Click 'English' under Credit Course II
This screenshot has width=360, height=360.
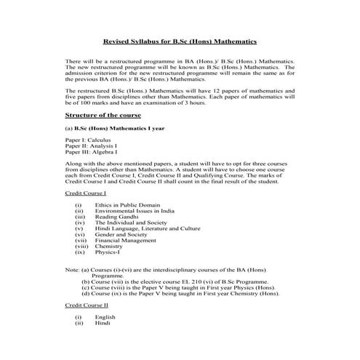[x=105, y=317]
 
